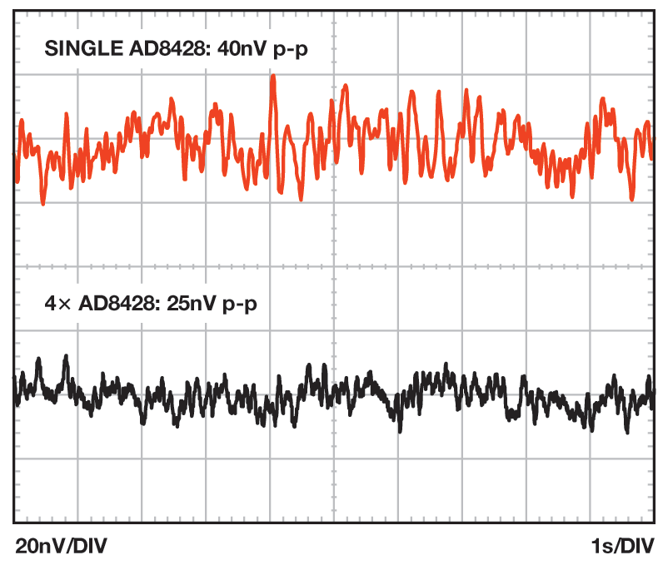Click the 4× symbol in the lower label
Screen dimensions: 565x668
click(x=55, y=304)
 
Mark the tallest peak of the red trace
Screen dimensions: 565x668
click(x=272, y=77)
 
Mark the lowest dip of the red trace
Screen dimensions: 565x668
click(x=43, y=203)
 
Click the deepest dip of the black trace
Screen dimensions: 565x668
click(x=401, y=430)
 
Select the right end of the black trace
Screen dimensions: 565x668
click(x=653, y=391)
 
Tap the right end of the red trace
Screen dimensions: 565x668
click(x=653, y=150)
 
